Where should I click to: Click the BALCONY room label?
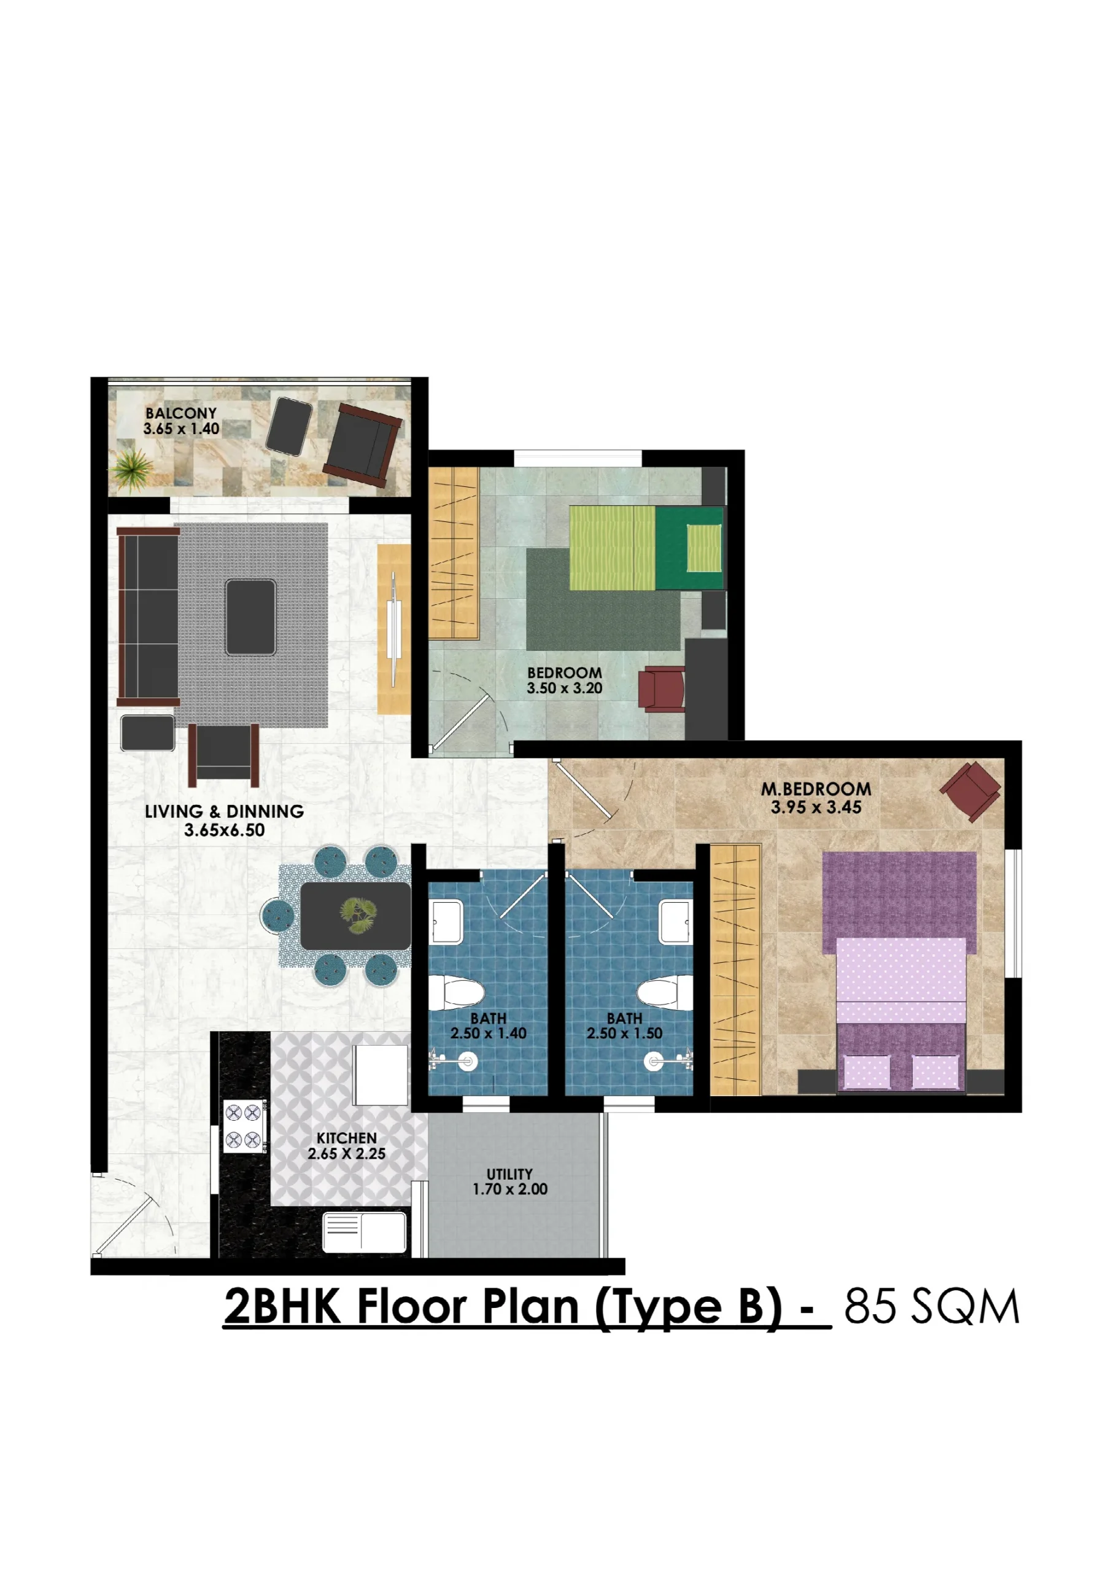[x=180, y=413]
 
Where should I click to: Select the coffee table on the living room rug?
[x=251, y=617]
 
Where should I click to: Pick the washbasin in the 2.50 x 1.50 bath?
[x=676, y=922]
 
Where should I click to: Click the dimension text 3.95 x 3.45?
[x=816, y=808]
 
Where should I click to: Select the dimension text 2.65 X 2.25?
[x=346, y=1154]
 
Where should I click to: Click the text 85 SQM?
[x=932, y=1306]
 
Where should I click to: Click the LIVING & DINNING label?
[x=225, y=811]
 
